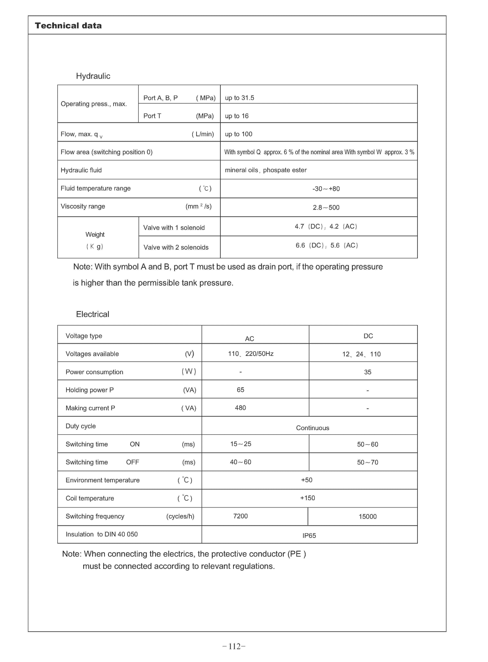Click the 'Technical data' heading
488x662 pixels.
click(68, 26)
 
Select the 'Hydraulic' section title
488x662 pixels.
click(93, 76)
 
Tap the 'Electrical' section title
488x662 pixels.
click(93, 314)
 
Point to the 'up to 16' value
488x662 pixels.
click(237, 116)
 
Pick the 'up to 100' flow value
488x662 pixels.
click(238, 134)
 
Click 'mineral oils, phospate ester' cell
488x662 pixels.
click(266, 170)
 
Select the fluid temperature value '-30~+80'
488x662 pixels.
click(326, 189)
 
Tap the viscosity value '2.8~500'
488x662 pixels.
click(326, 208)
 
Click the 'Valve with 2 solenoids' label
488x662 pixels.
click(176, 248)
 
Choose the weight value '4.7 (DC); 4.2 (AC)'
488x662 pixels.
click(326, 227)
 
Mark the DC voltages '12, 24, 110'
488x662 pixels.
click(361, 354)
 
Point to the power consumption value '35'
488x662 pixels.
click(367, 372)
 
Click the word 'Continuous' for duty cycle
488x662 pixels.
click(313, 428)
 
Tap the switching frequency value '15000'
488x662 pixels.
click(367, 517)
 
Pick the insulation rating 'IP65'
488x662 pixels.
click(309, 536)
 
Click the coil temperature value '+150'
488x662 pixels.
click(307, 498)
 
